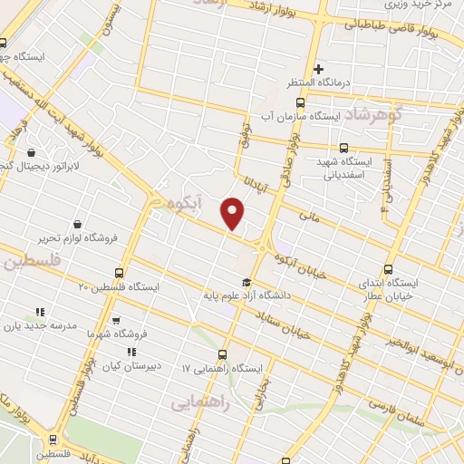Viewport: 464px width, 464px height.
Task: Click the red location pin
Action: coord(233,214)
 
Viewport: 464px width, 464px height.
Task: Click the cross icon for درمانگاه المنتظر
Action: coord(318,69)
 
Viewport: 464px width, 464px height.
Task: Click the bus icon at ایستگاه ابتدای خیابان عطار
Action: coord(389,269)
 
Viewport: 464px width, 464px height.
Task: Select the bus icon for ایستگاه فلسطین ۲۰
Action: coord(120,272)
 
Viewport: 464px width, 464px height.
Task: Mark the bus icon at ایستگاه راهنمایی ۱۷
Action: coord(223,354)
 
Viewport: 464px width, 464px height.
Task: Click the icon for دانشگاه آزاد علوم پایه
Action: coord(246,280)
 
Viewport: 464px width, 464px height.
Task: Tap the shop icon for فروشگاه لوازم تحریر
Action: coord(77,224)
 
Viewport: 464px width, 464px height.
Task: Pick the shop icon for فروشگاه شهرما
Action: coord(115,320)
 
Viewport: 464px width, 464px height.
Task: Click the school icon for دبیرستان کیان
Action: coord(130,352)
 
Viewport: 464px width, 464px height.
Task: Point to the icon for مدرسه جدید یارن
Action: coord(37,311)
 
